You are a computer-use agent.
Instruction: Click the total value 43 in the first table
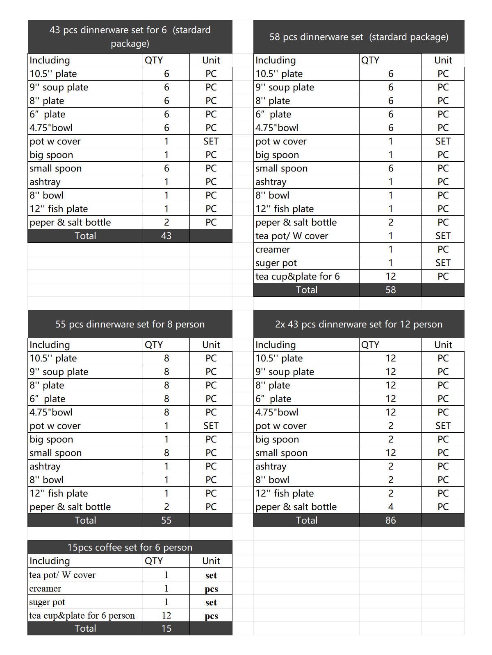coord(166,236)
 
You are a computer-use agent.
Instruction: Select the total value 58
coord(390,290)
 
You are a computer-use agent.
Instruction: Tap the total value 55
coord(166,520)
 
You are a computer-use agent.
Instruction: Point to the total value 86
coord(390,520)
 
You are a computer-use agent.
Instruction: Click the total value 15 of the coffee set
coord(166,628)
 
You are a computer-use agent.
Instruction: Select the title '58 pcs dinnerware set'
coord(359,37)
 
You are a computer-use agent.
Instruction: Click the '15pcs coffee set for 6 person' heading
coord(130,547)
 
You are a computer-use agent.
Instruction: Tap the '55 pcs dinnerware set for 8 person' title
coord(130,324)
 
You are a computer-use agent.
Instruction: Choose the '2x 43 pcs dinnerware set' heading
coord(359,324)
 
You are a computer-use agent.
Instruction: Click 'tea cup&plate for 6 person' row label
coord(82,615)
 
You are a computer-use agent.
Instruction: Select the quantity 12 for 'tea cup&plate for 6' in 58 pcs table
coord(390,276)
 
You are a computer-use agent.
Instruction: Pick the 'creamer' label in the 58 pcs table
coord(273,249)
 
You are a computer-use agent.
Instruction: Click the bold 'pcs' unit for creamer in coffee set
coord(211,589)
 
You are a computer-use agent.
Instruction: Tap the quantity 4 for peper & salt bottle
coord(390,507)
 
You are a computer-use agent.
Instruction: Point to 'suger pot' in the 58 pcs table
coord(276,263)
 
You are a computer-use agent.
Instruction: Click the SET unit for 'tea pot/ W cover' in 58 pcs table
coord(443,236)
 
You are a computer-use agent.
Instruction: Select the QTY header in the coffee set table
coord(154,561)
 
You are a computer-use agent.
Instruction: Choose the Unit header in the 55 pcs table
coord(211,345)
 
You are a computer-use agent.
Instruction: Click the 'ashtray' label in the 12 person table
coord(271,466)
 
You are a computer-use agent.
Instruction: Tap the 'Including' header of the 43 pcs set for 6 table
coord(50,60)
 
